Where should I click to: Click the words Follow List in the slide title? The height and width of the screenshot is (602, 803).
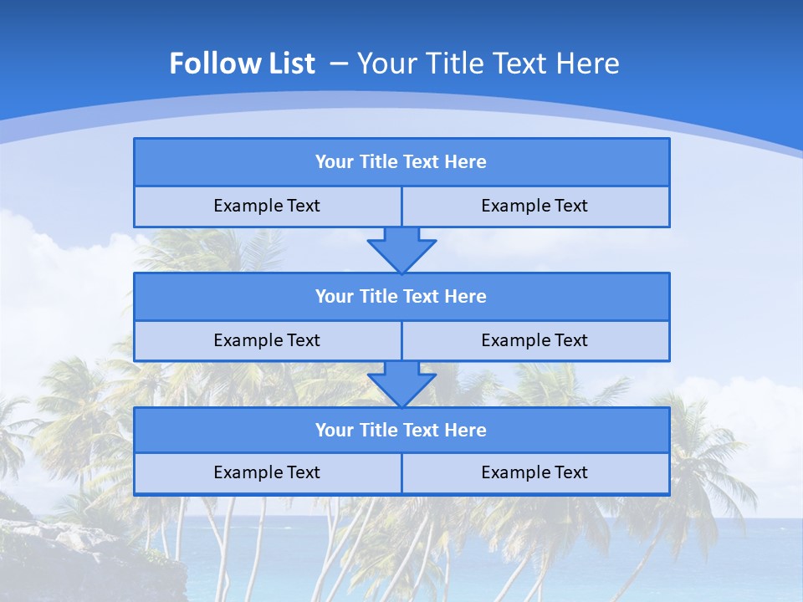pos(242,64)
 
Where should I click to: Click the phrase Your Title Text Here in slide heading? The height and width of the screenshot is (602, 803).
pos(488,64)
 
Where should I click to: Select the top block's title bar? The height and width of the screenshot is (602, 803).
pos(401,162)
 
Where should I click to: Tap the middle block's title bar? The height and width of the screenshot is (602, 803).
pos(401,297)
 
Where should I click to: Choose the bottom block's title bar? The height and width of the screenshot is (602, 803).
pos(401,431)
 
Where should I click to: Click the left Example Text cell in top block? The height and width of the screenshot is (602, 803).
pos(267,207)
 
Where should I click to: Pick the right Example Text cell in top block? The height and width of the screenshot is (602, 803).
pos(535,207)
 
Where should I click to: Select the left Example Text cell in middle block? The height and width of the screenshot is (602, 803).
pos(267,341)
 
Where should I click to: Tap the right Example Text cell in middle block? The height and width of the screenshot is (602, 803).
pos(535,341)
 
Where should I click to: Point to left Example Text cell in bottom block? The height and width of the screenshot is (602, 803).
pos(267,473)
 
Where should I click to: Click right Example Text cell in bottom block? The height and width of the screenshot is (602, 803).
pos(535,473)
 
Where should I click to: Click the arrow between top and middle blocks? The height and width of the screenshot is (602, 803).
pos(401,250)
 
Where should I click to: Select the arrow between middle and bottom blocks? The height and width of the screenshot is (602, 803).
pos(401,385)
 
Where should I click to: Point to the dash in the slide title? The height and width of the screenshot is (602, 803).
pos(339,64)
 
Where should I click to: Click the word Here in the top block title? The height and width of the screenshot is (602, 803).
pos(466,162)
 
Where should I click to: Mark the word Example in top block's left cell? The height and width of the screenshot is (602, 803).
pos(248,207)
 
